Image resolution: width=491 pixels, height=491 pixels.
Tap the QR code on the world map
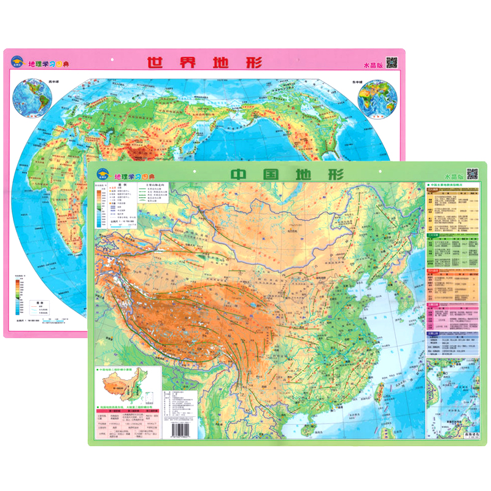392,63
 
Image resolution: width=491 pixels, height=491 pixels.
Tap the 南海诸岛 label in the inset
462,433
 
